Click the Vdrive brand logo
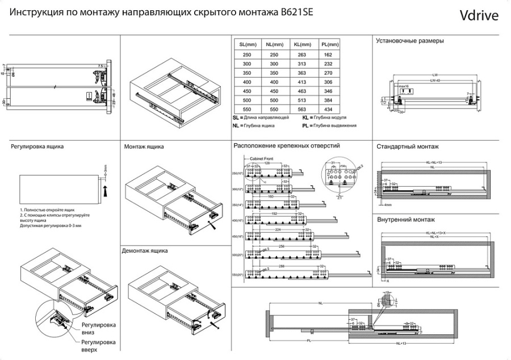(x=479, y=15)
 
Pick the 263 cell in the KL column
(x=301, y=55)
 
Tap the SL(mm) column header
(x=247, y=44)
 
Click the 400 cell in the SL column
(x=247, y=81)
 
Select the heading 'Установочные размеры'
(x=410, y=41)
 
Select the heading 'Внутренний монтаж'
(x=405, y=220)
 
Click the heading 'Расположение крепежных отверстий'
(x=287, y=146)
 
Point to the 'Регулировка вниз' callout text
(x=98, y=329)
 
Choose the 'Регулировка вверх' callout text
(x=98, y=346)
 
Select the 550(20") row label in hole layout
(x=238, y=275)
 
